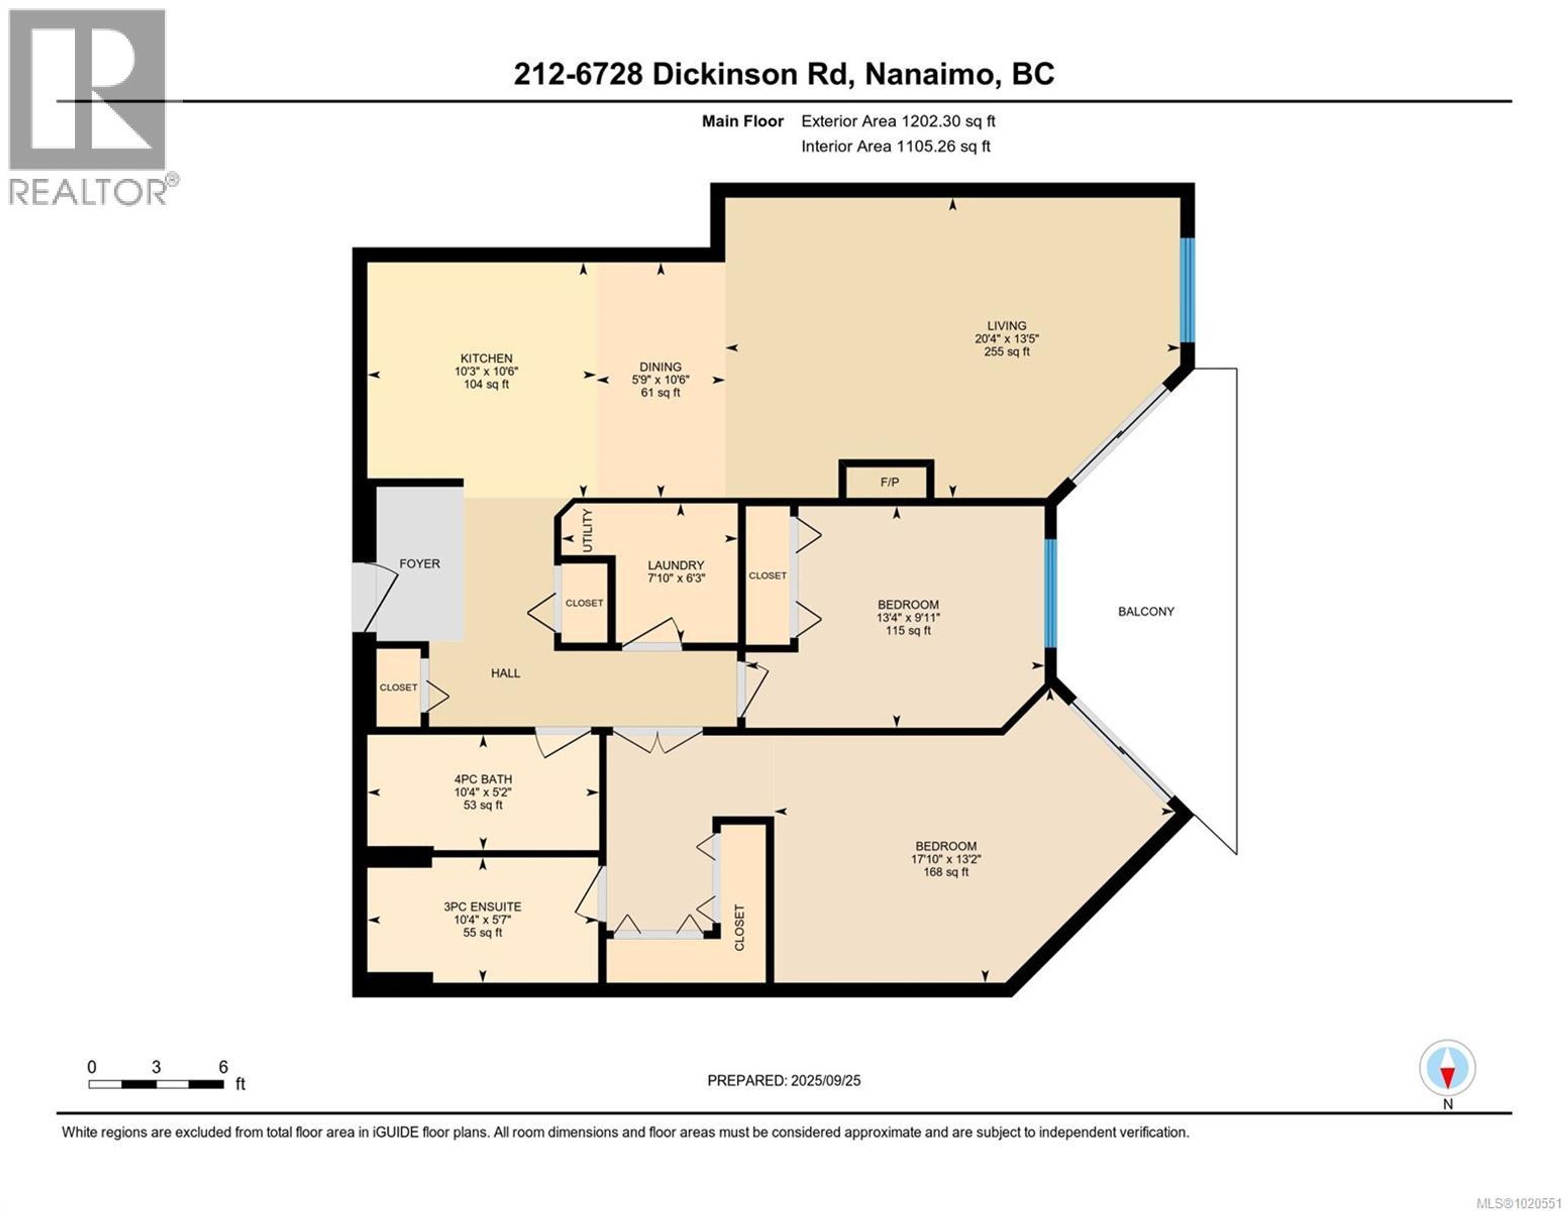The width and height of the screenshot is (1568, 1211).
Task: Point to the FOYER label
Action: point(419,564)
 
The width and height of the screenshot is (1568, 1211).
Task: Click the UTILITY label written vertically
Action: point(587,531)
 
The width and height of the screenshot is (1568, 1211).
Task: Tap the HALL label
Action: point(506,673)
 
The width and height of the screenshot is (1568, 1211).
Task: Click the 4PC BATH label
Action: point(483,779)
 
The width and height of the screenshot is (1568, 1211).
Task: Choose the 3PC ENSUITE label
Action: point(483,907)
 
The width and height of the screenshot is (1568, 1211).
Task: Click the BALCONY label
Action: point(1146,611)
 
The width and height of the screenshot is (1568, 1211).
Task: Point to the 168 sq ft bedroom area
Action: point(946,872)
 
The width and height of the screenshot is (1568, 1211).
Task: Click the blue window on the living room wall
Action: point(1188,290)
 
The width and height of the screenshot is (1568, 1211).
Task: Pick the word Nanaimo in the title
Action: point(928,74)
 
